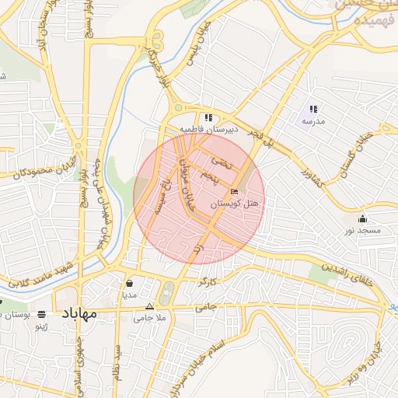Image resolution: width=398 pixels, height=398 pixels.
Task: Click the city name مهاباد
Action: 77,313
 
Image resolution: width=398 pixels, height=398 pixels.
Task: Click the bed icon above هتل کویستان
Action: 235,192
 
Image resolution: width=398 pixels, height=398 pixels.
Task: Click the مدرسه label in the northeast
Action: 313,121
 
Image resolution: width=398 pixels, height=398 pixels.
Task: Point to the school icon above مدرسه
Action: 313,110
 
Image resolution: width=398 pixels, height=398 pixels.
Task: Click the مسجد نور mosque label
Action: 363,231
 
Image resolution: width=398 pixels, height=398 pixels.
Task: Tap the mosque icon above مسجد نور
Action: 363,218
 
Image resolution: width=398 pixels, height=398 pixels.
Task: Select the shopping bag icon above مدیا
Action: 129,283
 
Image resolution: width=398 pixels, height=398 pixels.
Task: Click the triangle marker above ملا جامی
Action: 150,306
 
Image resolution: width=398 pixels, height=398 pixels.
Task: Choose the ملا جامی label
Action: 150,317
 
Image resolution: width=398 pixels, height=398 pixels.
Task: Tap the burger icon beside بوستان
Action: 40,314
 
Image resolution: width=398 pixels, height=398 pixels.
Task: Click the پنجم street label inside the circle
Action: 206,179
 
